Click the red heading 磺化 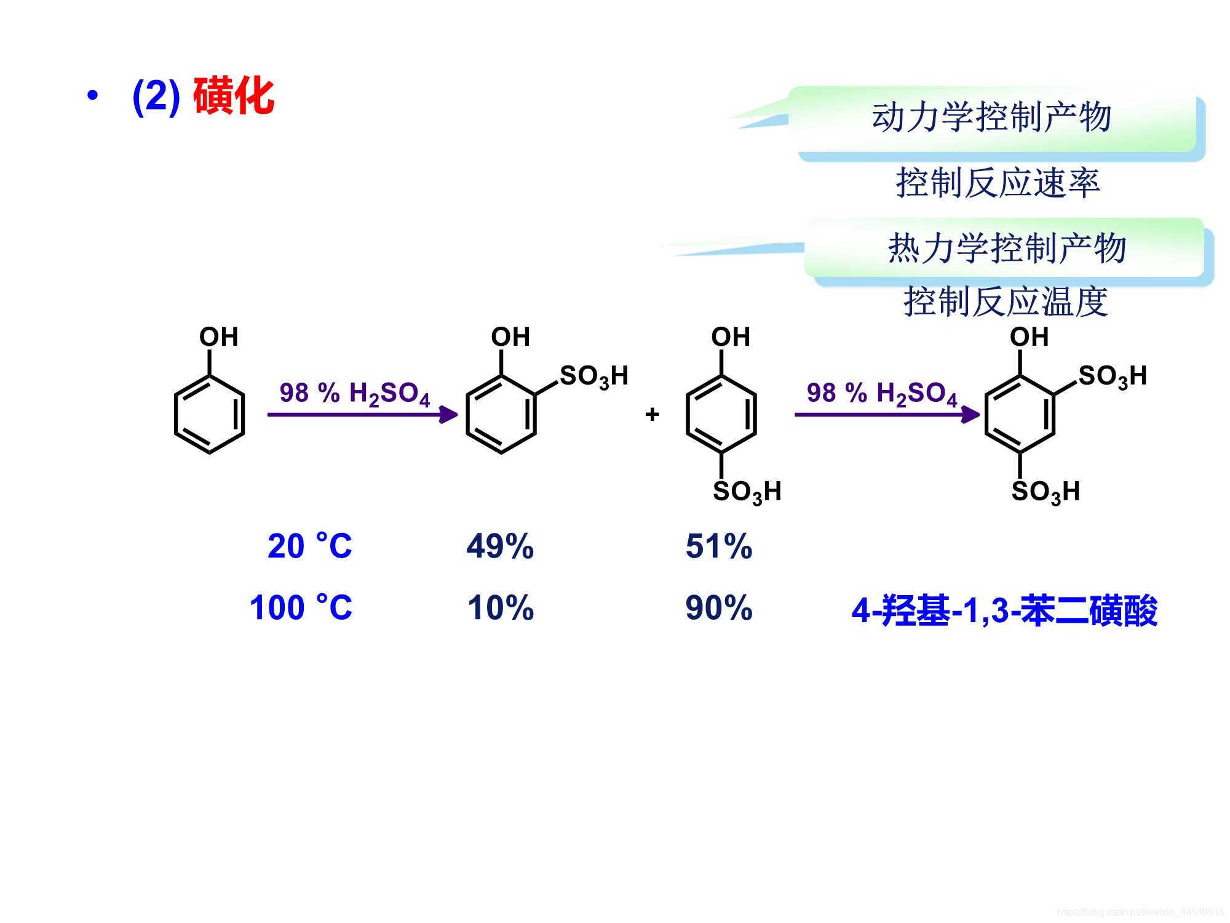click(x=234, y=97)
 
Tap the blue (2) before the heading click(x=156, y=97)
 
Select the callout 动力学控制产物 click(x=991, y=117)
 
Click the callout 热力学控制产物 click(x=1007, y=248)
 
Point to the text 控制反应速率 click(x=998, y=183)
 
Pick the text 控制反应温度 click(x=1006, y=302)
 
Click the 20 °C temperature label click(x=310, y=546)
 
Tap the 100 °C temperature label click(x=301, y=607)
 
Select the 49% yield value click(x=500, y=546)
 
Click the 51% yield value click(x=719, y=546)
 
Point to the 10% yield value click(x=501, y=608)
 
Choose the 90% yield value click(x=719, y=608)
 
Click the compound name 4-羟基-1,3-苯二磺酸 click(x=1004, y=611)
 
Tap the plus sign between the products click(x=652, y=414)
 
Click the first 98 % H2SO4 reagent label click(x=355, y=393)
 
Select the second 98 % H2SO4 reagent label click(x=882, y=393)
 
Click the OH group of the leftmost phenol click(x=218, y=337)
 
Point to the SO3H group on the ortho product click(x=593, y=376)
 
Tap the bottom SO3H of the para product click(x=747, y=492)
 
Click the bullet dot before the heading click(x=92, y=96)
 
